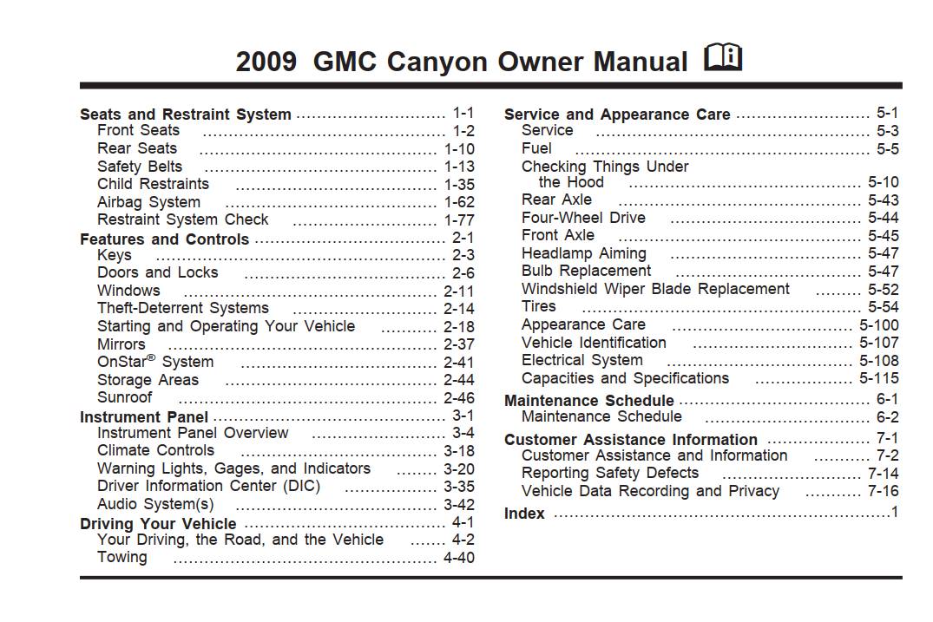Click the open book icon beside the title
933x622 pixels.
[723, 57]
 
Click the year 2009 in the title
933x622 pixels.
[266, 62]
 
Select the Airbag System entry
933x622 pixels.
[148, 203]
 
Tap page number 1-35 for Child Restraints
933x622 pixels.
[459, 185]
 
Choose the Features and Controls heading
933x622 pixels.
[164, 239]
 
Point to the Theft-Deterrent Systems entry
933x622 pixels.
[183, 308]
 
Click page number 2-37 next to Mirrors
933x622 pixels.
[459, 345]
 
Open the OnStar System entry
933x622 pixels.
[155, 362]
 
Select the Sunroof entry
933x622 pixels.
[125, 397]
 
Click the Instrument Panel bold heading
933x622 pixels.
[144, 417]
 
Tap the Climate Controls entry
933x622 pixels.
[156, 450]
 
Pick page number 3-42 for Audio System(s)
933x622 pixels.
[459, 505]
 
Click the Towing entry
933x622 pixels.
[122, 558]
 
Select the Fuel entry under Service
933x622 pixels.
[536, 148]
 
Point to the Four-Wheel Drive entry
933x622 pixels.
[584, 218]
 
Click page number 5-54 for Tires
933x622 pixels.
[884, 307]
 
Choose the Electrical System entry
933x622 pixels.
[582, 360]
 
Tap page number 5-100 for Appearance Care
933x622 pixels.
[879, 325]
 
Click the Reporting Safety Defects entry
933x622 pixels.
[610, 474]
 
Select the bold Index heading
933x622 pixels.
[524, 514]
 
